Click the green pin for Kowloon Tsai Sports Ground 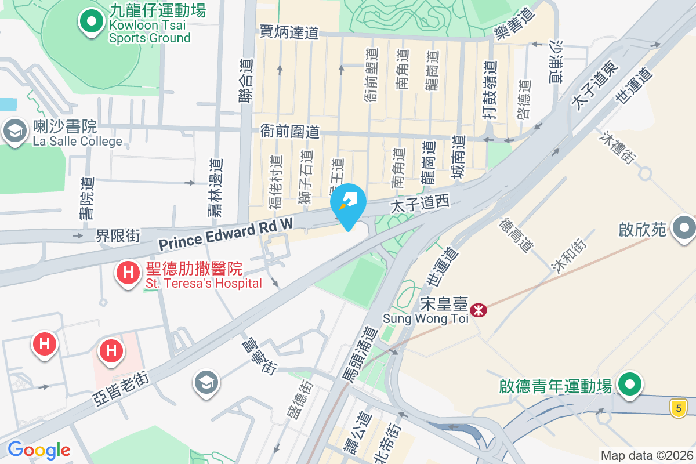coord(90,23)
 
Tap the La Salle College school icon coord(14,131)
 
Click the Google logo coord(39,449)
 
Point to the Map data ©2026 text coord(646,455)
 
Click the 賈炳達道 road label coord(289,32)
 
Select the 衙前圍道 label coord(290,132)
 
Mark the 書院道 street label coord(87,198)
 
